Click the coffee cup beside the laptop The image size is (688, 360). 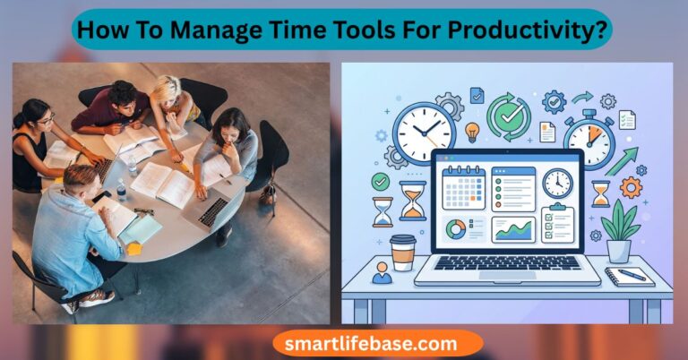[x=403, y=253]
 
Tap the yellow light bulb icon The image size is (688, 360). [x=472, y=132]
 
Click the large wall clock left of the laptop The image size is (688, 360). [x=424, y=133]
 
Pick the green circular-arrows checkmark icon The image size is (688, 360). [x=508, y=116]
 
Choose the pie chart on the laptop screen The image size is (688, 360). [x=456, y=230]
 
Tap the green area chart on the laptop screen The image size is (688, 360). [x=514, y=230]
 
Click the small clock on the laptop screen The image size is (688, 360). [x=557, y=184]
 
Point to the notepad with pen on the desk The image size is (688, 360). [x=629, y=276]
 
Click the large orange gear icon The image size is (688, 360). [x=631, y=187]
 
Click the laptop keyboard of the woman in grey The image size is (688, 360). [x=215, y=211]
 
